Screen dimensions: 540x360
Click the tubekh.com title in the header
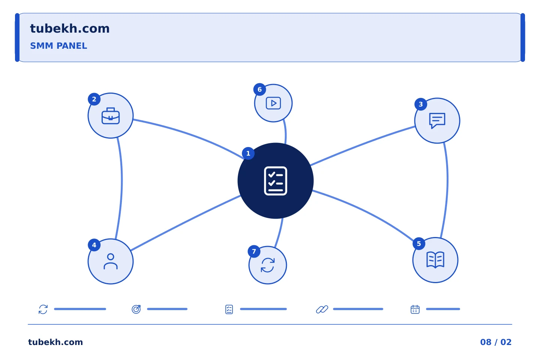[70, 29]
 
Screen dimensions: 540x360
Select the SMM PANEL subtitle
[58, 46]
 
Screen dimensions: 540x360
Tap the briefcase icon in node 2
[111, 116]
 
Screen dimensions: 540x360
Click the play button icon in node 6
[273, 103]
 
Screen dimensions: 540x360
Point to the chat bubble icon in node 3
[437, 121]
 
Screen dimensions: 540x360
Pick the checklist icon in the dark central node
[276, 181]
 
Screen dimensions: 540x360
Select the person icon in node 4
[111, 261]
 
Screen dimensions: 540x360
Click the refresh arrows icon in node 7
[268, 265]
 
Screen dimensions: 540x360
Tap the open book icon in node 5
[435, 260]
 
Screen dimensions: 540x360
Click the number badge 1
[248, 153]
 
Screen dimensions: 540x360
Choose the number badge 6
[259, 90]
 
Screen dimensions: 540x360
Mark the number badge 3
[421, 104]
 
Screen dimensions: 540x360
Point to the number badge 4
[94, 245]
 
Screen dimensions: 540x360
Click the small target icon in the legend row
[136, 309]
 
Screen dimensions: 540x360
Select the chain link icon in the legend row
[322, 309]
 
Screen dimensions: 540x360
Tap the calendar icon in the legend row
[415, 309]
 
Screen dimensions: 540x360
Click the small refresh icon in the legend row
[43, 309]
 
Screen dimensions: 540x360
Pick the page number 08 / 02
[496, 342]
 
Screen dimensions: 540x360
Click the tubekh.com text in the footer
[55, 342]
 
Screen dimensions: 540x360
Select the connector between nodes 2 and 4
[122, 188]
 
